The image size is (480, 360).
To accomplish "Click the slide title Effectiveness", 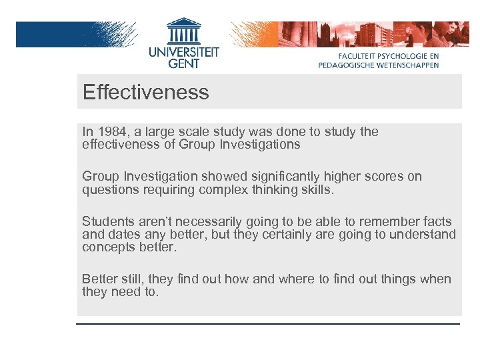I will pyautogui.click(x=145, y=92).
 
